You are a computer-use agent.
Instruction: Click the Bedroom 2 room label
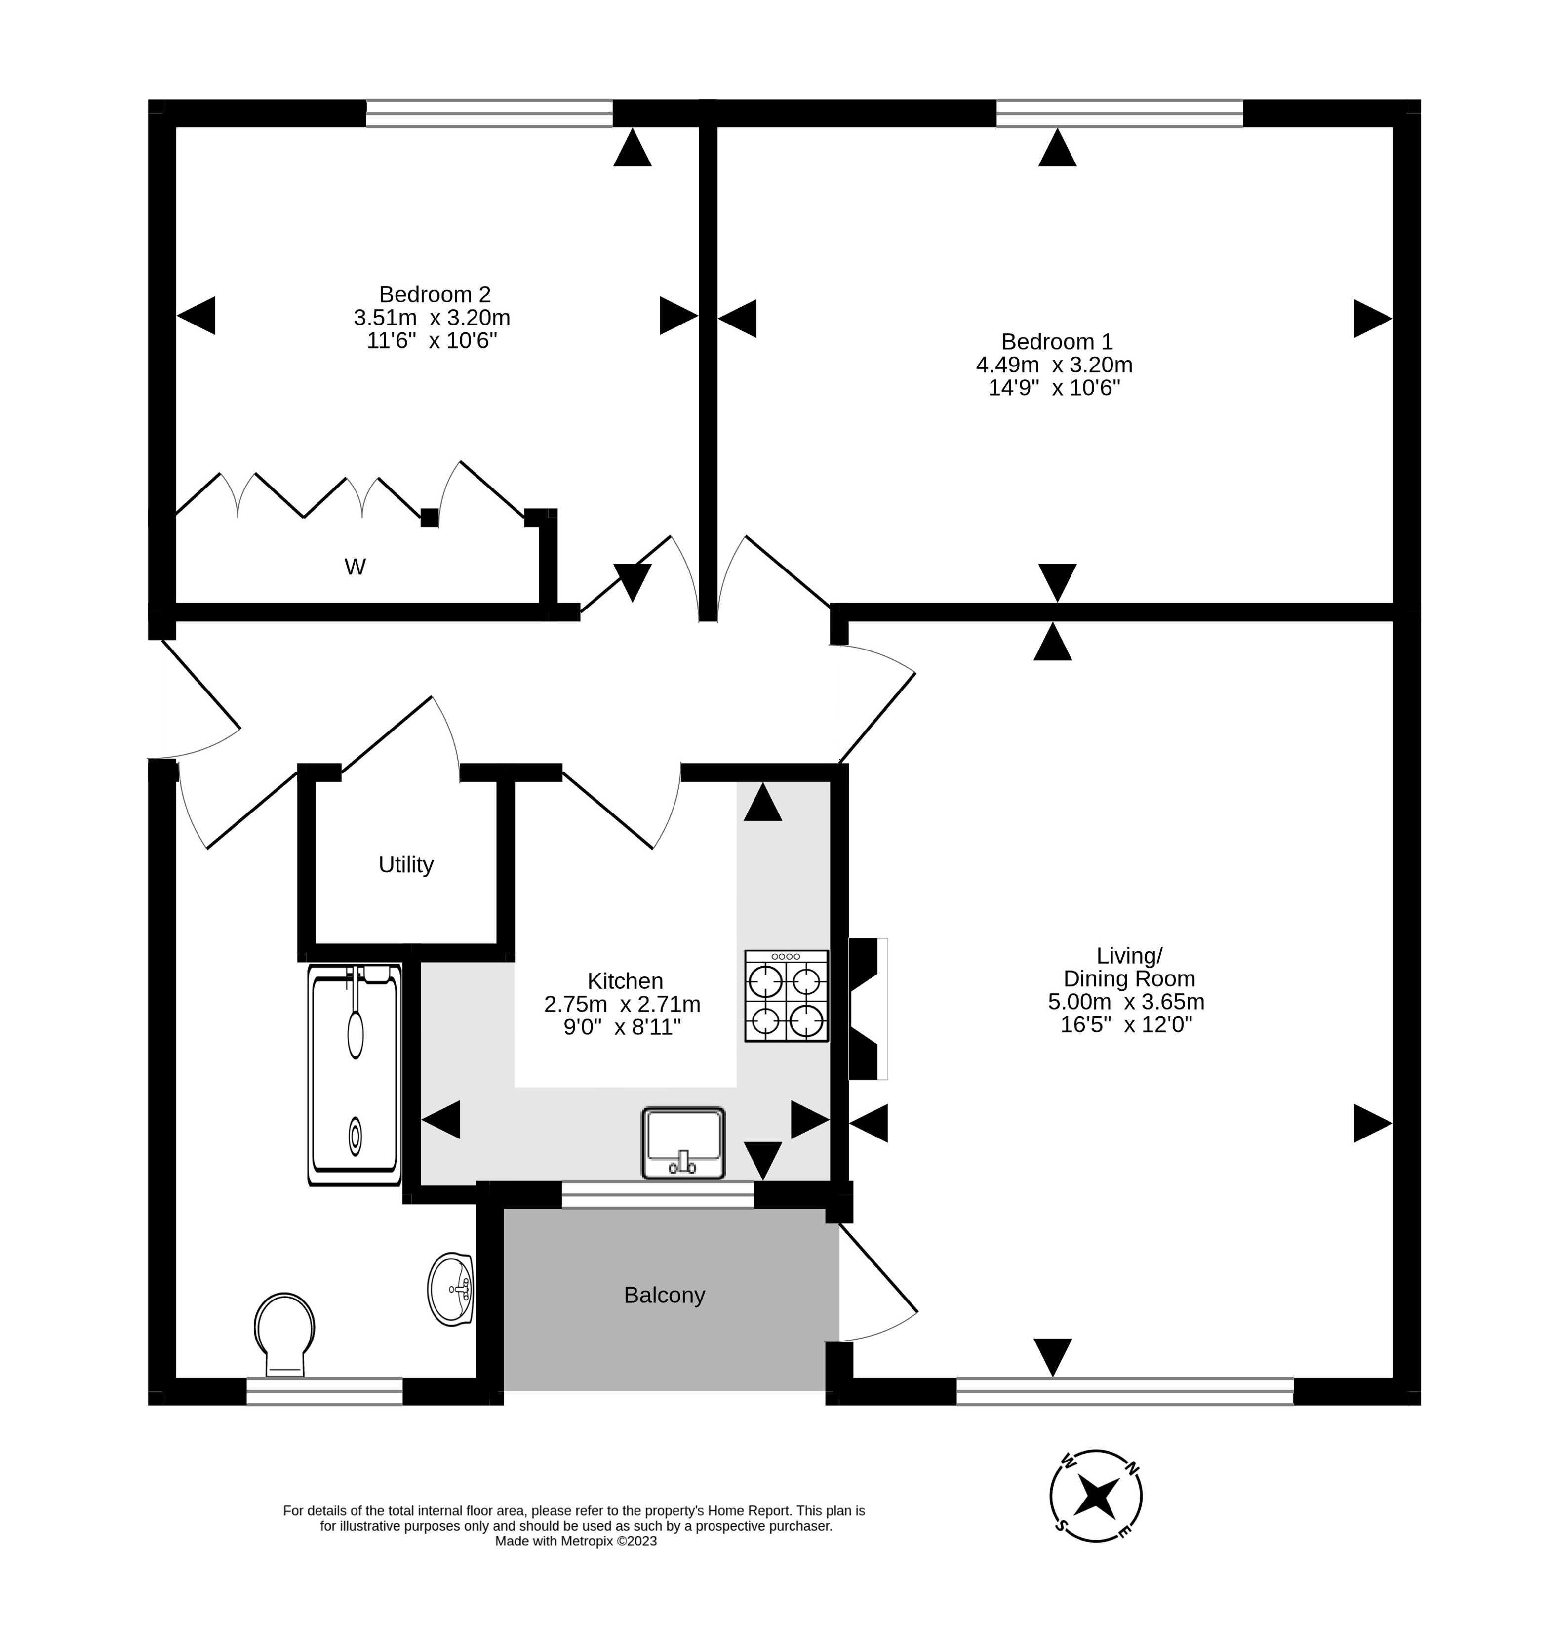435,294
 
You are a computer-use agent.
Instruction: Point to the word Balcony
664,1295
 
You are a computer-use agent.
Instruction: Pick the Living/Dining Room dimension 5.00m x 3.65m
1126,1001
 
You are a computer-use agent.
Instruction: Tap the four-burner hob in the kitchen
786,996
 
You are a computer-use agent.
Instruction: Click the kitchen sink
683,1142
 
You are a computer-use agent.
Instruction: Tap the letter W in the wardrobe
355,567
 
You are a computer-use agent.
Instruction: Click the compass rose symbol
1096,1496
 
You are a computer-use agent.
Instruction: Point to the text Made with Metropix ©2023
576,1541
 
